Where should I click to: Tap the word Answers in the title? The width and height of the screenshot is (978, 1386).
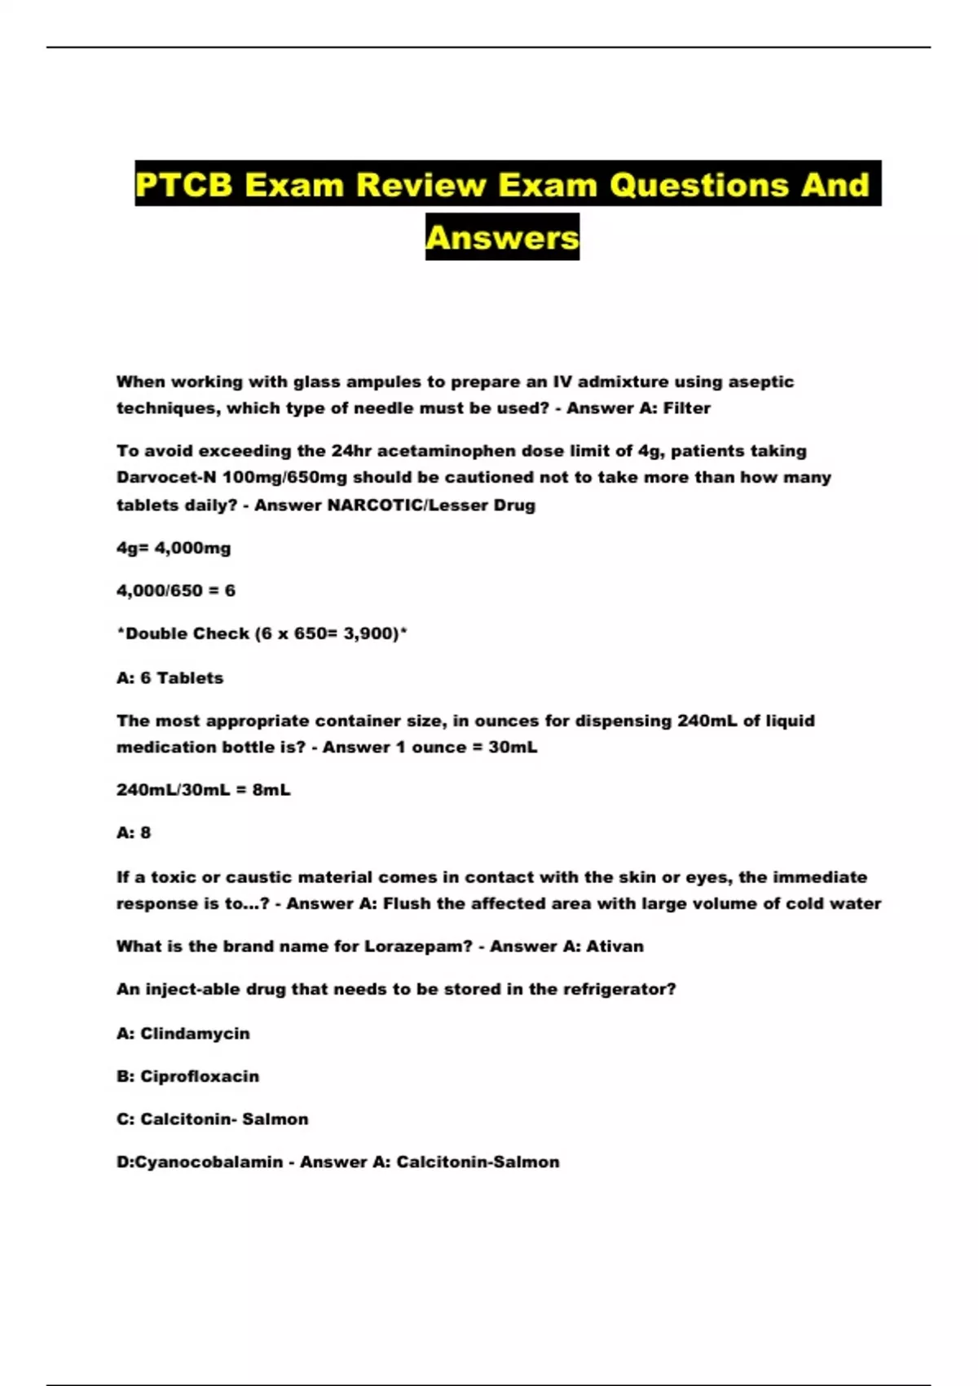click(x=502, y=237)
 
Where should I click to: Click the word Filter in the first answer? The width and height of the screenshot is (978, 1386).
click(x=686, y=408)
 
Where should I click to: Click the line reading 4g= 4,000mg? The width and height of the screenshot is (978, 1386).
click(x=174, y=549)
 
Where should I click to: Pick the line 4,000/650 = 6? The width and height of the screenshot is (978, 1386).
click(x=176, y=591)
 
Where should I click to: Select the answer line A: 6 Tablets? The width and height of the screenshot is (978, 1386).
click(x=170, y=678)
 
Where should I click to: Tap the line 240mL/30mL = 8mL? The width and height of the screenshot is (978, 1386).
click(x=203, y=790)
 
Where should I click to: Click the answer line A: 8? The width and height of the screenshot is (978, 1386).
click(x=134, y=833)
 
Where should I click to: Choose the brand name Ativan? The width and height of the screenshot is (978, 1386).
click(x=615, y=947)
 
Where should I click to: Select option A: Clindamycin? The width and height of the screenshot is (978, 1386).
click(x=183, y=1034)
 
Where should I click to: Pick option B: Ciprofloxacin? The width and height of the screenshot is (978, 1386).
click(x=187, y=1077)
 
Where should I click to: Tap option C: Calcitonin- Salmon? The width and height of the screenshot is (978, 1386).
click(x=212, y=1119)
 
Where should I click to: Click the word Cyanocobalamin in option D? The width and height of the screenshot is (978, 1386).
click(x=209, y=1163)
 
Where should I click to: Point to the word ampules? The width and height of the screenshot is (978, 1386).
click(x=383, y=382)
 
